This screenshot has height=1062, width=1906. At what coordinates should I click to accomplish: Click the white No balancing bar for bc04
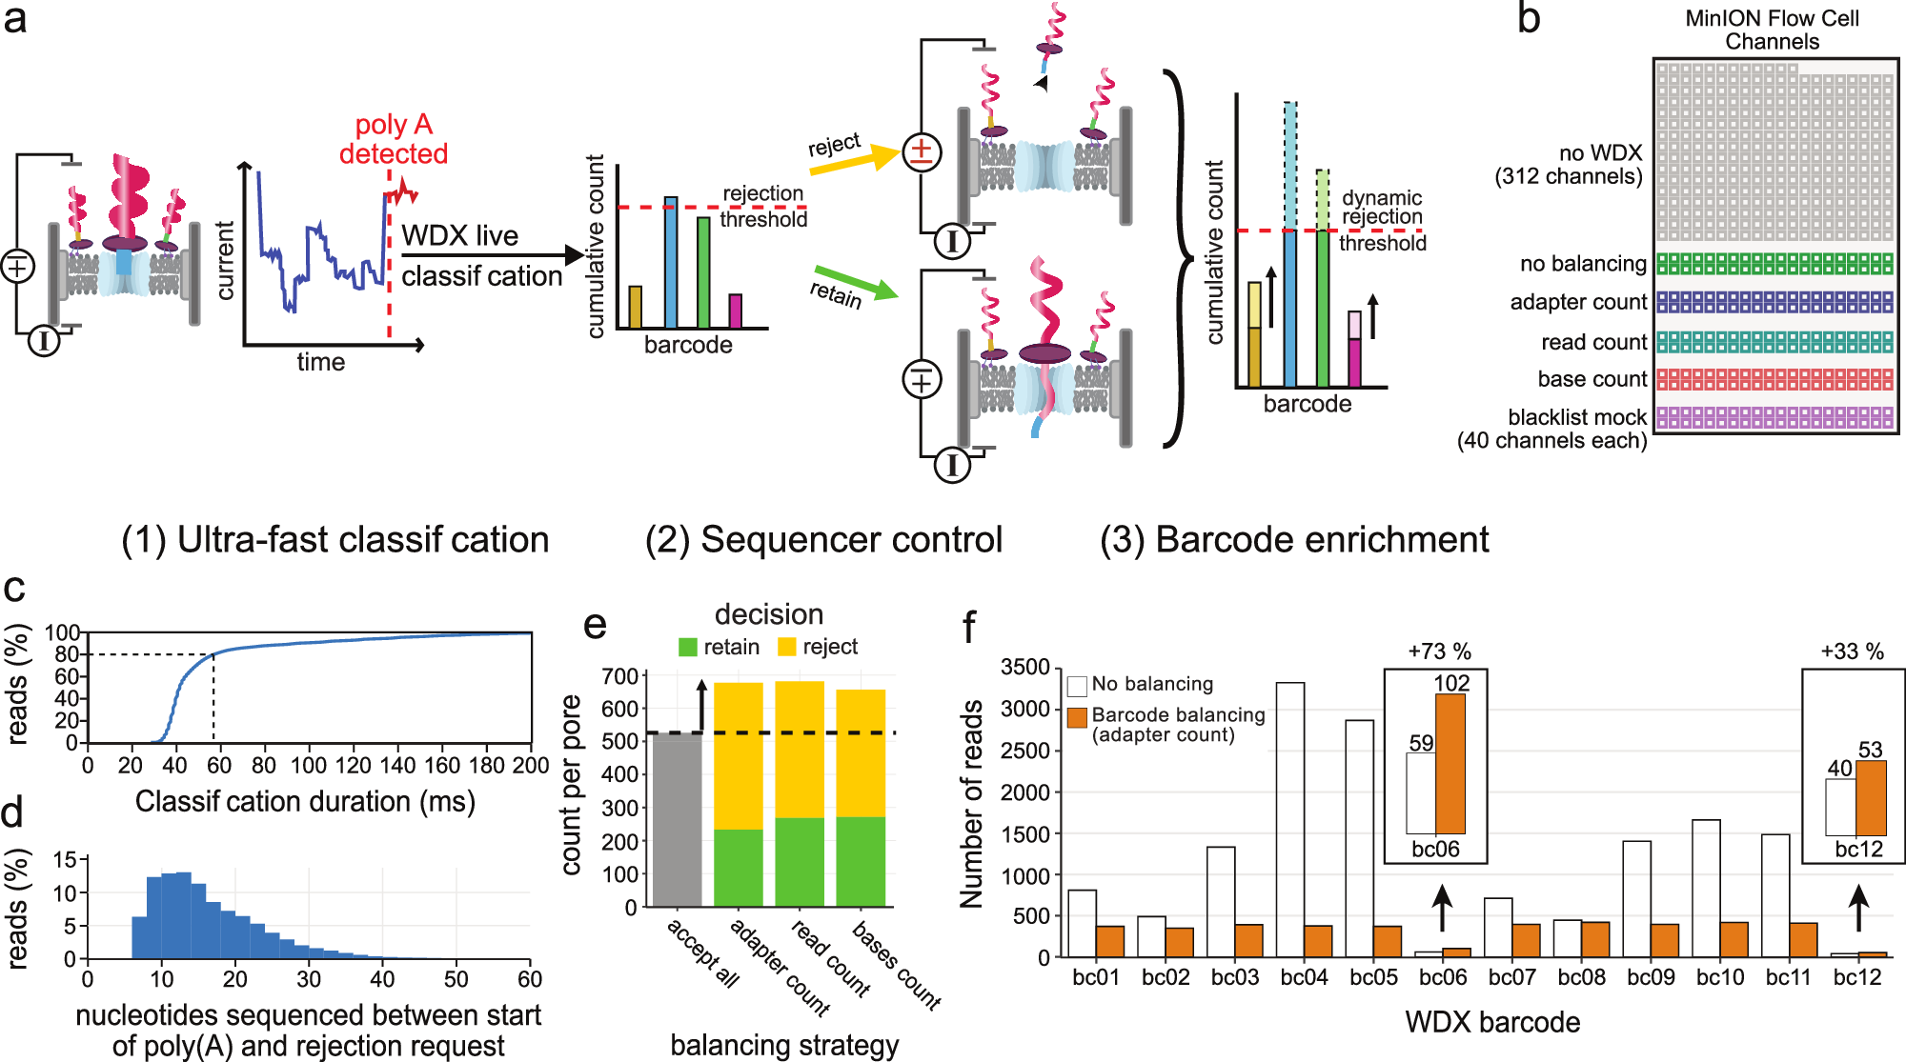coord(1290,819)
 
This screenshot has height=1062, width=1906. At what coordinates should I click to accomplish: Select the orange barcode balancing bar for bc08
coord(1595,939)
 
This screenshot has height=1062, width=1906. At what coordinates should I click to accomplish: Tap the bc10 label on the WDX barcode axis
coord(1720,977)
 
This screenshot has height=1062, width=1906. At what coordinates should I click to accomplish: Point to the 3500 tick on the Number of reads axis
coord(1024,668)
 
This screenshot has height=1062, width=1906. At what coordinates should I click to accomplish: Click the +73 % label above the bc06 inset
coord(1439,651)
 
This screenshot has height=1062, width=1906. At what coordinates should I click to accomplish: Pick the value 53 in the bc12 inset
coord(1870,750)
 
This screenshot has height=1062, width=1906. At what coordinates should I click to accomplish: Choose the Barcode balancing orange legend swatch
coord(1077,717)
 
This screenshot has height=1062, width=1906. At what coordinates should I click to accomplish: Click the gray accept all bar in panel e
coord(677,819)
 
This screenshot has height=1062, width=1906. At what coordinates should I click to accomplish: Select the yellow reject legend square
coord(786,648)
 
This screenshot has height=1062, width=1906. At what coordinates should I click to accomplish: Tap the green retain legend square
coord(687,648)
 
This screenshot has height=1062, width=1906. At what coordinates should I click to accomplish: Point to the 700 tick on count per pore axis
coord(619,676)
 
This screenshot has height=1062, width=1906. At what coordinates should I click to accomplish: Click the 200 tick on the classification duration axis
coord(531,766)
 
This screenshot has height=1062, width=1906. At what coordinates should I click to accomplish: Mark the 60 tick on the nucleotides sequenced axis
coord(530,979)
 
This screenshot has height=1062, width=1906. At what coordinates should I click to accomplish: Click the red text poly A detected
coord(394,139)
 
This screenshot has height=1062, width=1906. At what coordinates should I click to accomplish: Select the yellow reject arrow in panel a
coord(854,160)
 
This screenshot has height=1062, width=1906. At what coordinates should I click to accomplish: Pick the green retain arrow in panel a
coord(856,283)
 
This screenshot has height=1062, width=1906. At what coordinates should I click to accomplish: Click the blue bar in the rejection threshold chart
coord(671,262)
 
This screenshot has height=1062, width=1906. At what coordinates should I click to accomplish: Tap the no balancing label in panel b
coord(1583,264)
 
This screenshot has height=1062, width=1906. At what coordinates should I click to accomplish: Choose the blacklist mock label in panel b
coord(1576,417)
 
